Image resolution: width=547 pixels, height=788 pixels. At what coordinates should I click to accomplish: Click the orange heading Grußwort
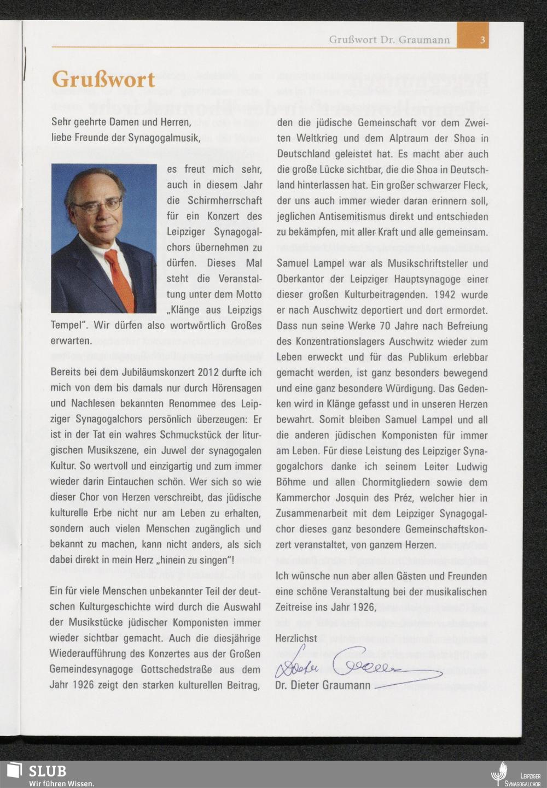pos(103,80)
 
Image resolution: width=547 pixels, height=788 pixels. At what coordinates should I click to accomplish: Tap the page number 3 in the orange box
pos(482,40)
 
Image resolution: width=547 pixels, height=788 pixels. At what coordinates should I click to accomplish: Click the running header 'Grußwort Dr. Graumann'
pos(389,40)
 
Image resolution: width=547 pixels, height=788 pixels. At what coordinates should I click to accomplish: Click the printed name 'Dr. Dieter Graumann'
pos(323,685)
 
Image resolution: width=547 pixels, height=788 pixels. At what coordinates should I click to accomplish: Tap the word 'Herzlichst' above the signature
pos(296,638)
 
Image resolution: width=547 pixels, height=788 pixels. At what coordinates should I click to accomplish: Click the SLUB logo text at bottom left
pos(47,771)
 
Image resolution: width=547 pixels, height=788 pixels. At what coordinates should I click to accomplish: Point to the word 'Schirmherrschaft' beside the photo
pos(218,201)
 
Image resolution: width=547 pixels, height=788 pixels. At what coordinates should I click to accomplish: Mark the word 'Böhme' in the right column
pos(292,482)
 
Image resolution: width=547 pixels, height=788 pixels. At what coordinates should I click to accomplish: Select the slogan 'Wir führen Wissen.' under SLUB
pos(61,783)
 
